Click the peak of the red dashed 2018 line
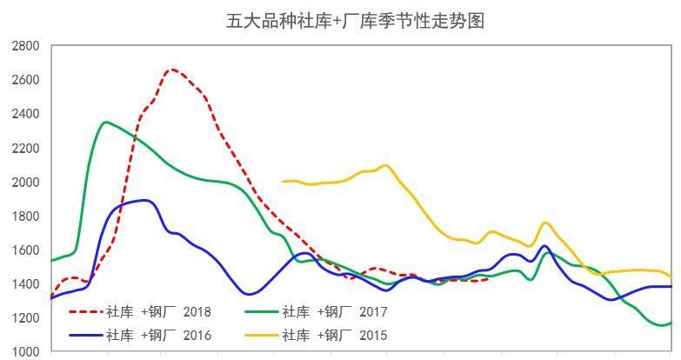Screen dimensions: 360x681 tap(171, 70)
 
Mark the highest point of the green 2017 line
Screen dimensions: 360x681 tap(106, 122)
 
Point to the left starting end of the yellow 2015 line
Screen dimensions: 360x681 tap(284, 182)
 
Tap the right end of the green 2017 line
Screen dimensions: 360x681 tap(671, 323)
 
